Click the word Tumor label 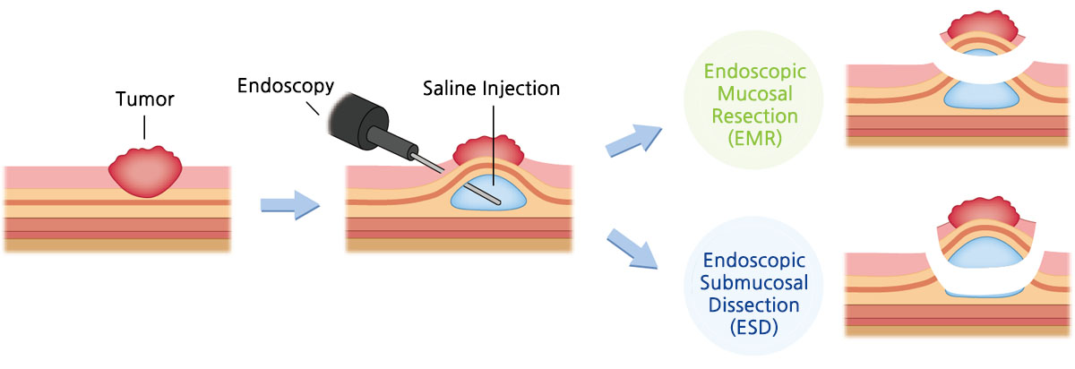pos(144,99)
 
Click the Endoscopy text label pos(286,86)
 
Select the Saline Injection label pos(492,89)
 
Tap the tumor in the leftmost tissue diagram pos(145,172)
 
